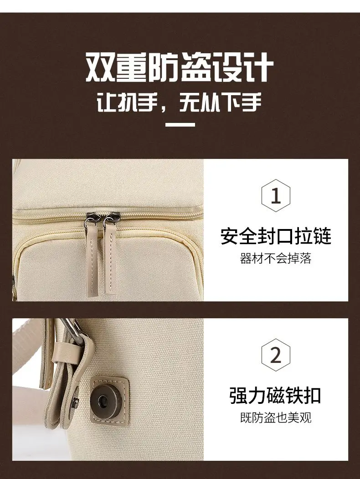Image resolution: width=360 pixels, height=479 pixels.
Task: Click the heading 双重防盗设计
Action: click(180, 67)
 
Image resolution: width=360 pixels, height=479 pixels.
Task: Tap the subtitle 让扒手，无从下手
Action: click(180, 102)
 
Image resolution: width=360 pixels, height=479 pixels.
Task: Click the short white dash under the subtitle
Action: click(180, 124)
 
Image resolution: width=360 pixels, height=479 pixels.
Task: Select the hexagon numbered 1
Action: click(276, 196)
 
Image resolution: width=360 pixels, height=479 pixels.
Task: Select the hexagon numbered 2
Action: click(276, 355)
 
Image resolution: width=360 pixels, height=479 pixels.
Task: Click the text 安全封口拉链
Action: click(276, 236)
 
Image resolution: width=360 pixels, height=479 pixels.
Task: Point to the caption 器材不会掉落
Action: click(276, 259)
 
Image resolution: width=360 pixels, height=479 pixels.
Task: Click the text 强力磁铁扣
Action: click(275, 396)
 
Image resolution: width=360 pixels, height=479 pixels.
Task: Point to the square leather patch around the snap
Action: click(109, 399)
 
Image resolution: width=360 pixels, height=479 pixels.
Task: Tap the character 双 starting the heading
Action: click(100, 68)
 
